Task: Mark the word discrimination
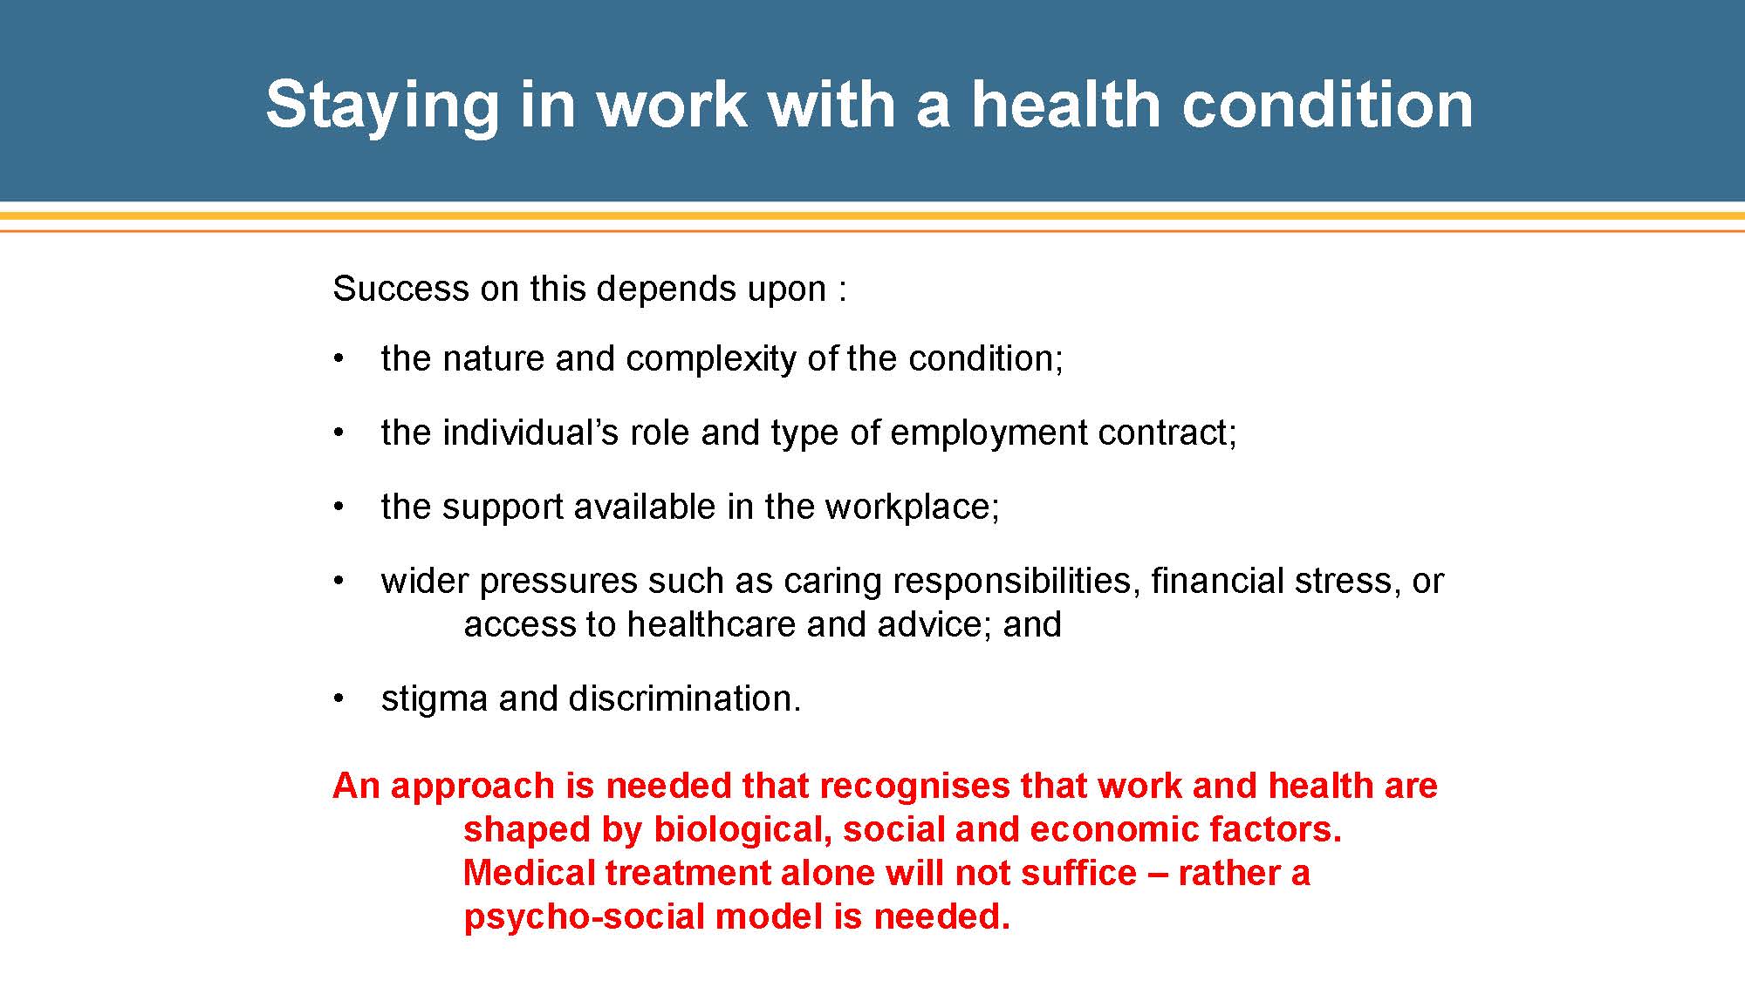[650, 698]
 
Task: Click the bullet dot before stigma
[339, 698]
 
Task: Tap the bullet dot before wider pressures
[339, 581]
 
